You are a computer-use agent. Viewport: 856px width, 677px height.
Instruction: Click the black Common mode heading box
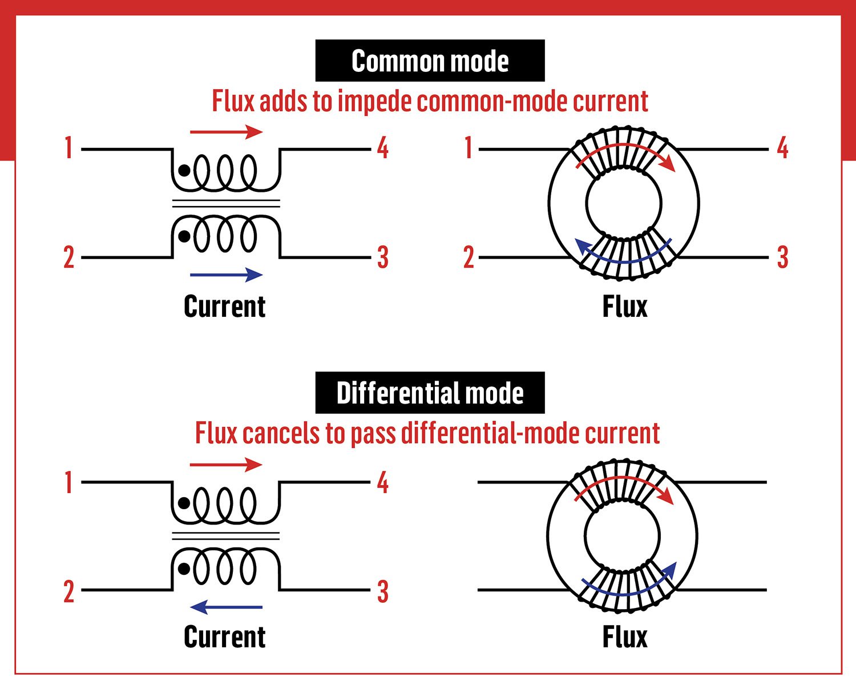tap(430, 61)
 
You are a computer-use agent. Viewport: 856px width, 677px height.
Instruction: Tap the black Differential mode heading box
tap(430, 393)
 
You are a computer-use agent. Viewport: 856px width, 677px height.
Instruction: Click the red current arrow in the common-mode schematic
tap(226, 132)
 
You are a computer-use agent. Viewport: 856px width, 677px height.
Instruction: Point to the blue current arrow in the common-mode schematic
tap(226, 275)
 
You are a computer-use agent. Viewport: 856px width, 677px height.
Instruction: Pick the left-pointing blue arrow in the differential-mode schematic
tap(226, 607)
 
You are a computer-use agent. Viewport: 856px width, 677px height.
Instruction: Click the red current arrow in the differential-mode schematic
tap(226, 464)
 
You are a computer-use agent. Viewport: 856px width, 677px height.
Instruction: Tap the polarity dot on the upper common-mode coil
tap(184, 170)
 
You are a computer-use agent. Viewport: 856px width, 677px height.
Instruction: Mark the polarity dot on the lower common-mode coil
tap(184, 235)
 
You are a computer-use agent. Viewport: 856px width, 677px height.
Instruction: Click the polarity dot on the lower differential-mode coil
tap(184, 569)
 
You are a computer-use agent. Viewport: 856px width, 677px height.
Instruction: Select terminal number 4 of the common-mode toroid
tap(782, 148)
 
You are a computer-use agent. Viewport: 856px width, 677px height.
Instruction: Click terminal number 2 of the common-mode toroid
tap(469, 257)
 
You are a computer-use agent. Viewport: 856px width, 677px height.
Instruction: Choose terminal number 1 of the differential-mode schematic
tap(68, 482)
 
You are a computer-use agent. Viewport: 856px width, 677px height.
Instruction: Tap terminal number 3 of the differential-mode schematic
tap(383, 592)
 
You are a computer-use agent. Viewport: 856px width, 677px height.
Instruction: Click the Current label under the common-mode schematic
tap(225, 307)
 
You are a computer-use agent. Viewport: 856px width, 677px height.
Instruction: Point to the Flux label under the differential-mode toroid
tap(625, 637)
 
